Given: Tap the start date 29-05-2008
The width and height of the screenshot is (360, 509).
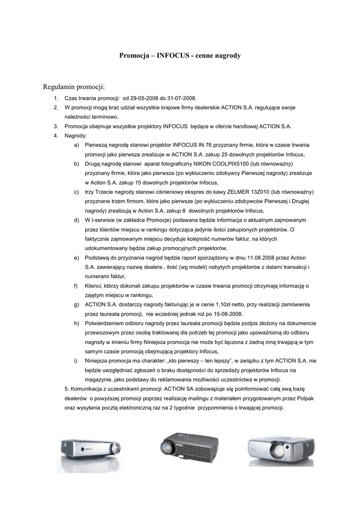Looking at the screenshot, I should click(x=140, y=98).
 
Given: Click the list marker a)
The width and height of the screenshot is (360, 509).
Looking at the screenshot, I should click(x=76, y=145).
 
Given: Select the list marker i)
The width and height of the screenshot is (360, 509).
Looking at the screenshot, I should click(x=76, y=361).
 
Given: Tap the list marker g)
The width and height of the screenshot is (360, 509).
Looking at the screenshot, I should click(x=76, y=305).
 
